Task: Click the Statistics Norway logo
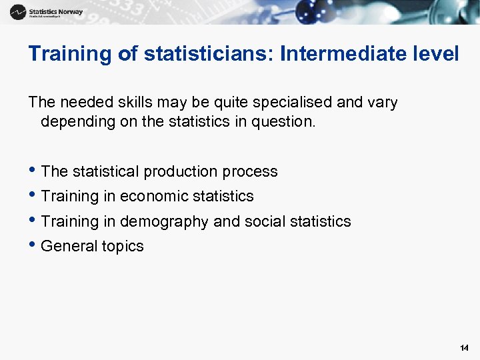point(46,12)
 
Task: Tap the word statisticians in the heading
point(202,53)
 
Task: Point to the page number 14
point(464,348)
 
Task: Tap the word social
point(252,221)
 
